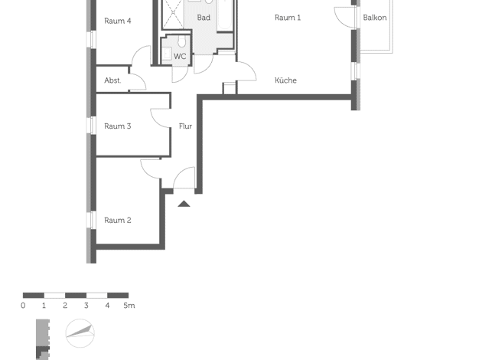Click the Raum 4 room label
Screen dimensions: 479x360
coord(118,21)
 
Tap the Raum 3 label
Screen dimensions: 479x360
coord(118,126)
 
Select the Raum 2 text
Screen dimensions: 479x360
coord(118,221)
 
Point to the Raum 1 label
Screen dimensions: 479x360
coord(288,18)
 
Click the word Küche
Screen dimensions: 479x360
coord(285,80)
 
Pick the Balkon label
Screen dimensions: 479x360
coord(375,18)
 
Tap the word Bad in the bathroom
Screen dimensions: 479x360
coord(204,18)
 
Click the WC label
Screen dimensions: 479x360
coord(180,57)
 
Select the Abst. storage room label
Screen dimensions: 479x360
coord(112,80)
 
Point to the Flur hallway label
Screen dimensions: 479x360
coord(185,126)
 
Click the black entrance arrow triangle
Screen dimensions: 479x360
coord(184,204)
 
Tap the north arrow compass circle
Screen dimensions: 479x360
coord(80,333)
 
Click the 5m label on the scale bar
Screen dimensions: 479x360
coord(129,306)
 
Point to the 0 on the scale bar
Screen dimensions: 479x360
coord(23,306)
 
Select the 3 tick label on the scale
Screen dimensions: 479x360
coord(86,306)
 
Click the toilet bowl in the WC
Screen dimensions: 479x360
coord(182,42)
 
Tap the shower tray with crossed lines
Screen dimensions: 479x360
coord(173,13)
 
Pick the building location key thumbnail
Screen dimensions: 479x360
coord(43,339)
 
